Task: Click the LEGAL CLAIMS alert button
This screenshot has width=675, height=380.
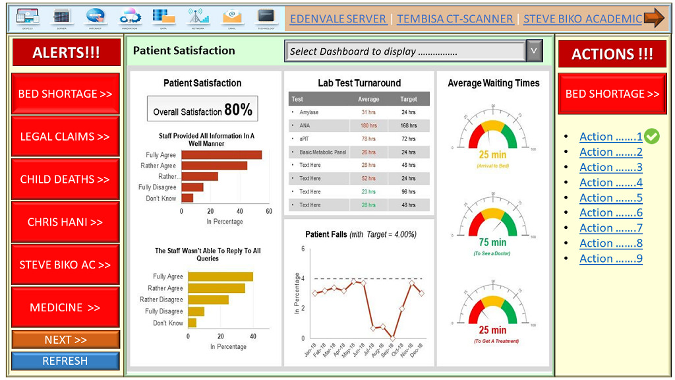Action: pyautogui.click(x=65, y=137)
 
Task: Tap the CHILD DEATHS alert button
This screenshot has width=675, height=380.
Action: pyautogui.click(x=65, y=179)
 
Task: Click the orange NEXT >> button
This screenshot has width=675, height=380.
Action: pyautogui.click(x=65, y=340)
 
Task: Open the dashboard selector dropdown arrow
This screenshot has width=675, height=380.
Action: pyautogui.click(x=535, y=51)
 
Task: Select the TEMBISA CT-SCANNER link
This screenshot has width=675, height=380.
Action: pyautogui.click(x=455, y=18)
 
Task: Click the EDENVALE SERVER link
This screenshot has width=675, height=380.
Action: pyautogui.click(x=338, y=18)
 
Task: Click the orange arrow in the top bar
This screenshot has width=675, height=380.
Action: pyautogui.click(x=654, y=18)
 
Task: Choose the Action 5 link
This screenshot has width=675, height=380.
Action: pyautogui.click(x=610, y=198)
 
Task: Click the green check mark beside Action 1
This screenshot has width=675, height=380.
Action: pyautogui.click(x=652, y=137)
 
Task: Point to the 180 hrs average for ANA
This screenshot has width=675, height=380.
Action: pyautogui.click(x=368, y=125)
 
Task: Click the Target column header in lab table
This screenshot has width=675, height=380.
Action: pyautogui.click(x=409, y=99)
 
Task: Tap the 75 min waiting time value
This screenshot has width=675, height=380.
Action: pyautogui.click(x=492, y=242)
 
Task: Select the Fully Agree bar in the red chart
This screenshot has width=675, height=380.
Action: pyautogui.click(x=221, y=155)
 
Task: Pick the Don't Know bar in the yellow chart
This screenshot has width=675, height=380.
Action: pyautogui.click(x=192, y=323)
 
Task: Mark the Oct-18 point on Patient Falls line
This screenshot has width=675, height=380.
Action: pyautogui.click(x=392, y=338)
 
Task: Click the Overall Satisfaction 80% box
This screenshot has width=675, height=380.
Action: pyautogui.click(x=202, y=110)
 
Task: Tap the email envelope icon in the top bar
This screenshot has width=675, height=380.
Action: pyautogui.click(x=231, y=16)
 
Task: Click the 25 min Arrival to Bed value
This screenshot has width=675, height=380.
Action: pyautogui.click(x=492, y=154)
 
